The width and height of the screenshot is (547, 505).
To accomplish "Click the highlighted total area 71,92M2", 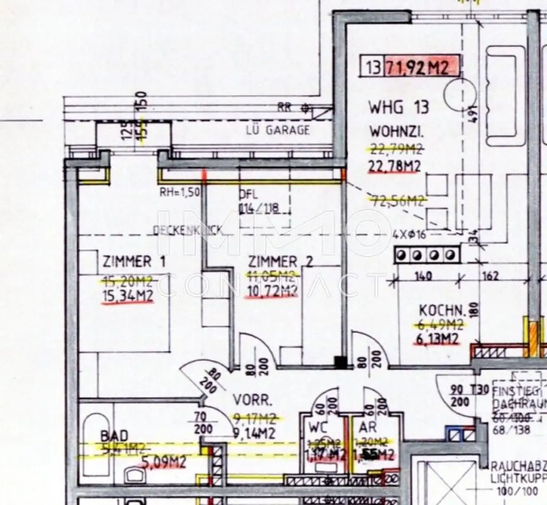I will (x=418, y=67).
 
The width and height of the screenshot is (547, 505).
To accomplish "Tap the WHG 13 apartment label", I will (x=398, y=107).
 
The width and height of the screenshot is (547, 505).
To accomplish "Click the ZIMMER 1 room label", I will (x=133, y=262).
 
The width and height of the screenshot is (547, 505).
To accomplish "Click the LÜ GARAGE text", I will (x=277, y=130).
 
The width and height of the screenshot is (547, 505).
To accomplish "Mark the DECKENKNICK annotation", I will (x=187, y=230).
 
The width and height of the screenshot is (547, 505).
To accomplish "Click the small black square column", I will (x=339, y=363).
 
